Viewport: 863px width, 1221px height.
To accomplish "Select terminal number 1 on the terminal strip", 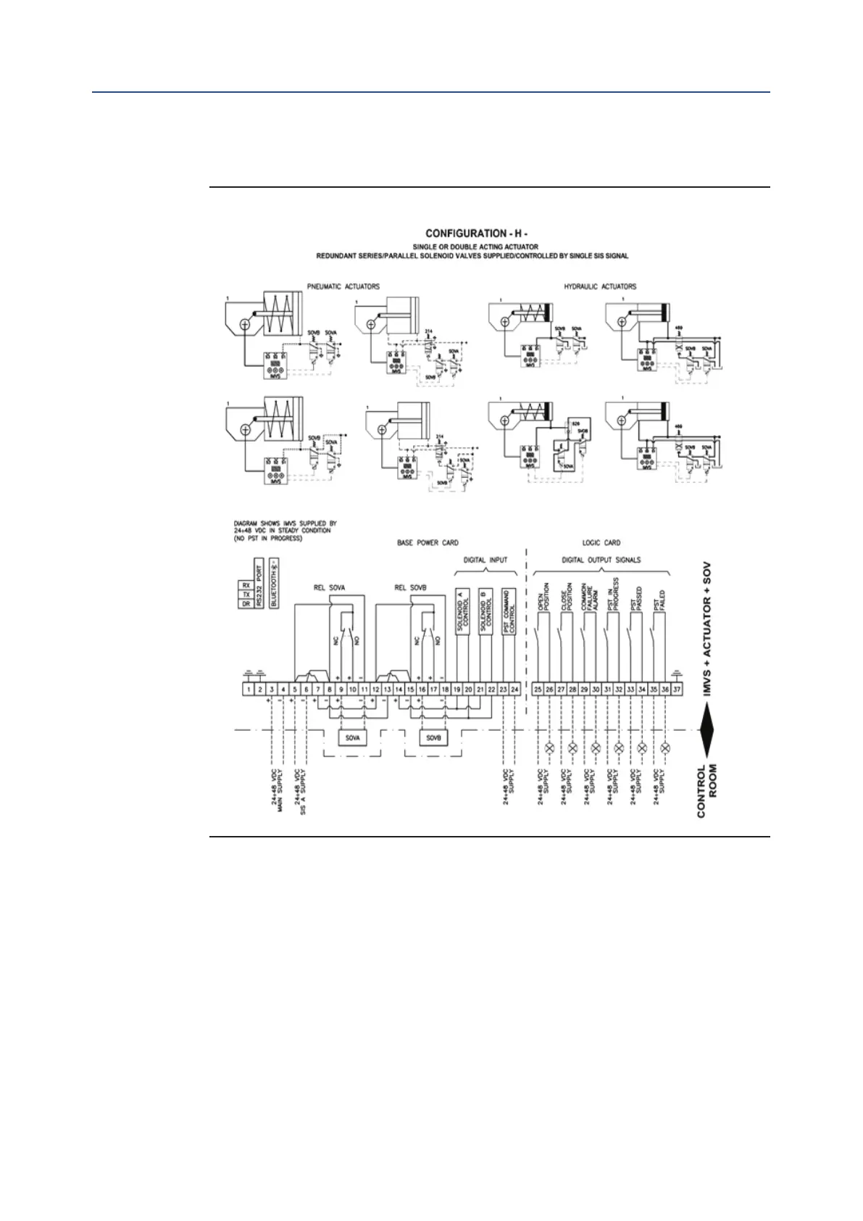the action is [x=248, y=689].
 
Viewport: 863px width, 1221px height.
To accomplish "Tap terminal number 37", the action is [x=676, y=689].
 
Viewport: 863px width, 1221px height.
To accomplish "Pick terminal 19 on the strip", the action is [x=457, y=689].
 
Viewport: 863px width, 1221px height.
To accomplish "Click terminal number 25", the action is [x=538, y=689].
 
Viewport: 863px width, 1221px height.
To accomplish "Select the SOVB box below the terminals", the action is [x=434, y=737].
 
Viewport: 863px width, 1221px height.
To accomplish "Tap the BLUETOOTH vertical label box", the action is [x=274, y=583].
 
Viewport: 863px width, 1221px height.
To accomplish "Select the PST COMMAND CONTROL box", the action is [x=509, y=611].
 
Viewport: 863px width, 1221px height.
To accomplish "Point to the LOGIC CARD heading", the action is [x=601, y=542].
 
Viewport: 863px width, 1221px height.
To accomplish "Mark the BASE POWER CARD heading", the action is [x=428, y=542].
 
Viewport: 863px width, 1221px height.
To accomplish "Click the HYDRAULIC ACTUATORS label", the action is [x=601, y=286].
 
